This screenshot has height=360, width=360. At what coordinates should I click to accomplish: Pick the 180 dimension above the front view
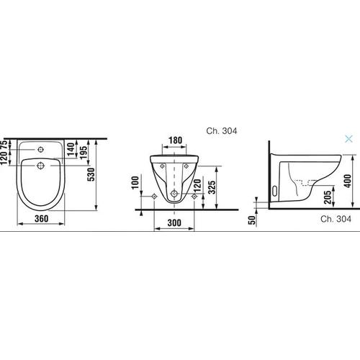(175, 142)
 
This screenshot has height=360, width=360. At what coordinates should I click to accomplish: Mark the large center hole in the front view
(175, 195)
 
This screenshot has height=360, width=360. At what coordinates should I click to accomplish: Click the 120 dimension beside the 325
(197, 190)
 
